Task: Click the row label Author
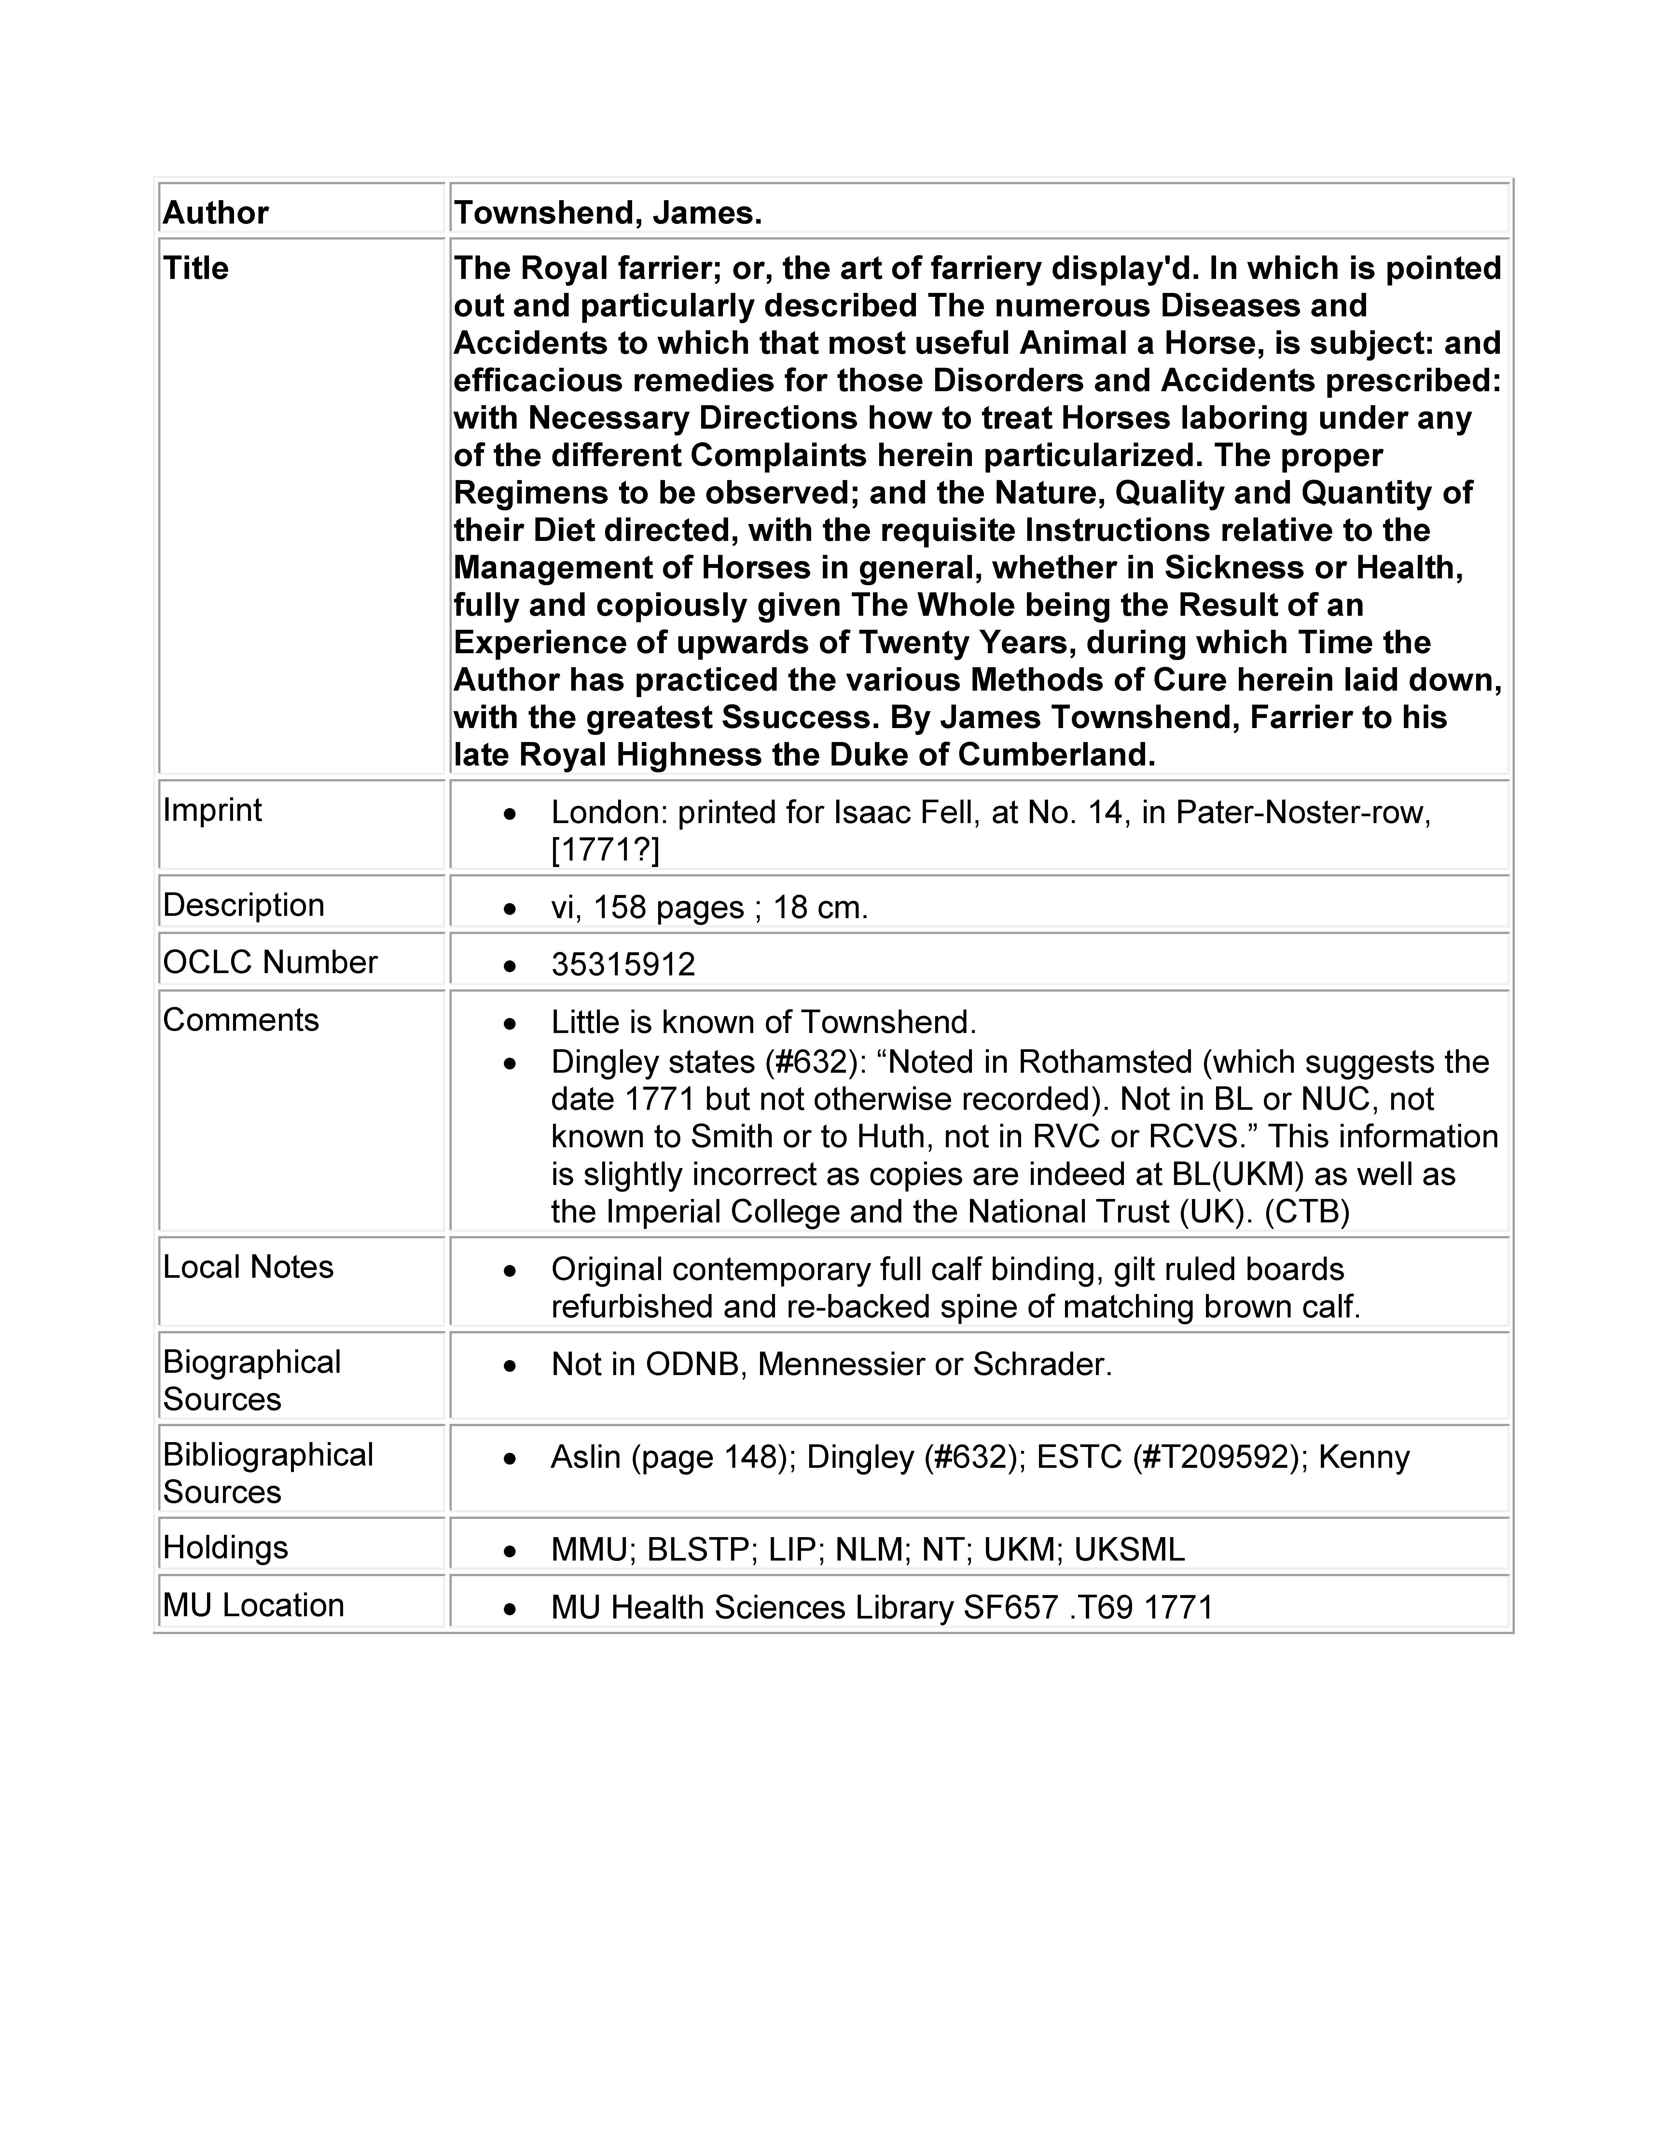pyautogui.click(x=215, y=213)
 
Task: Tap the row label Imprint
pyautogui.click(x=213, y=810)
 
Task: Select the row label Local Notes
pyautogui.click(x=248, y=1268)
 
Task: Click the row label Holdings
pyautogui.click(x=225, y=1548)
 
